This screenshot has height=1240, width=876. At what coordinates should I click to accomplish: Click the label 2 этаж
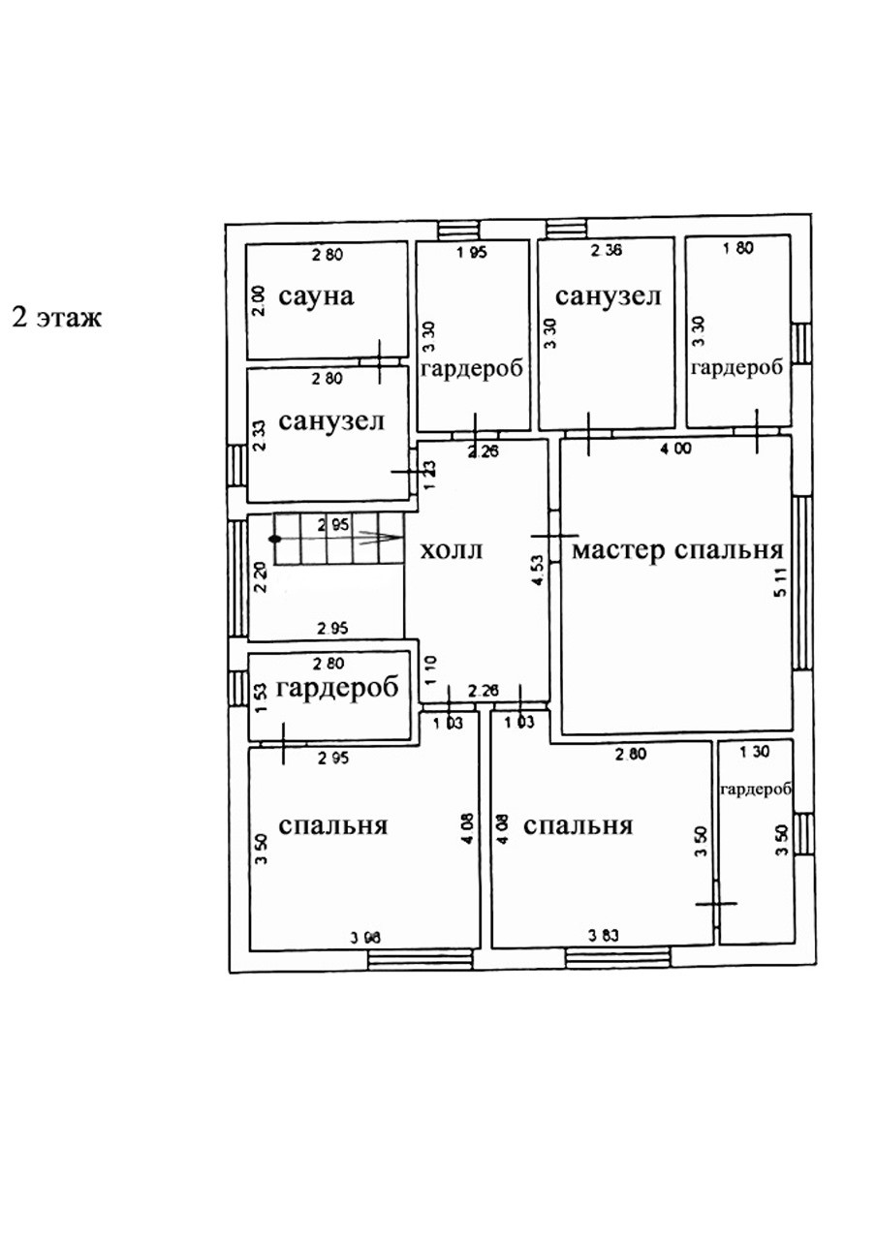pyautogui.click(x=55, y=317)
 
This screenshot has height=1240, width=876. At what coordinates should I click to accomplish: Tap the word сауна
pyautogui.click(x=316, y=295)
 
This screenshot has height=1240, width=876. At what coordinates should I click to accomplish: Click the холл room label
pyautogui.click(x=452, y=550)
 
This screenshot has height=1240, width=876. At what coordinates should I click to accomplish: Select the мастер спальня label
pyautogui.click(x=677, y=550)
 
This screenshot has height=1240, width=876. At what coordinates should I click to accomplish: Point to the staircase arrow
pyautogui.click(x=380, y=540)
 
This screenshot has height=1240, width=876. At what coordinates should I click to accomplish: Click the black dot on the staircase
pyautogui.click(x=275, y=539)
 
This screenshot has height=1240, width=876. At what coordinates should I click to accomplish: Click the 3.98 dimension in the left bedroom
pyautogui.click(x=364, y=937)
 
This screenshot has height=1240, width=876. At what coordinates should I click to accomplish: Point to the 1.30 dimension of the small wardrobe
pyautogui.click(x=755, y=752)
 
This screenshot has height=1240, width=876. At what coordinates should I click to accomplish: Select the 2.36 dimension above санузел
pyautogui.click(x=607, y=250)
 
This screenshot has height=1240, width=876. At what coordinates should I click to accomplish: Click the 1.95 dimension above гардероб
pyautogui.click(x=471, y=253)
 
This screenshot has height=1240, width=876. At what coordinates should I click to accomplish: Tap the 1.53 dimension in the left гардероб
pyautogui.click(x=259, y=697)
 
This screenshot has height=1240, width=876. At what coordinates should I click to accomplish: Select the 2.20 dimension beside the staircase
pyautogui.click(x=259, y=576)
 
